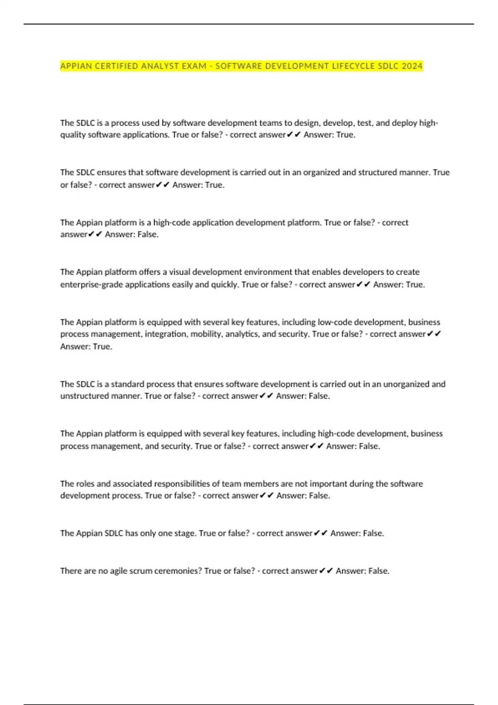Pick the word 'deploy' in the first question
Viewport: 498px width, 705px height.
[404, 123]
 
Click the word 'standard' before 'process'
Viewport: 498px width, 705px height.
[127, 384]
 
